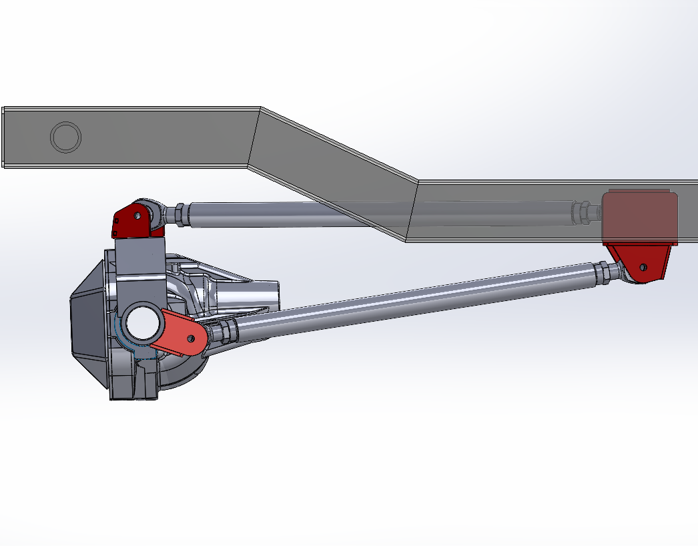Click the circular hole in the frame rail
(66, 137)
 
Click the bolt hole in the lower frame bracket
(643, 267)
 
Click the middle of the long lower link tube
(414, 297)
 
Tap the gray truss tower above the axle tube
(140, 267)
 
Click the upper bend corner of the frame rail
(260, 108)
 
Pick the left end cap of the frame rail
(4, 137)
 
